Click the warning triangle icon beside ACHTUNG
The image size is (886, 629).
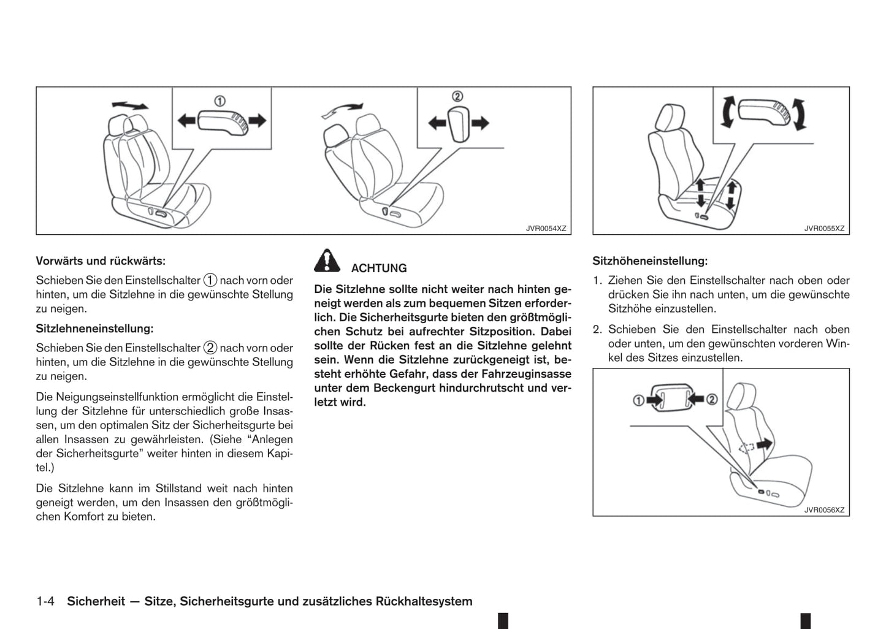327,261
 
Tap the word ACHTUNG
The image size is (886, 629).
378,269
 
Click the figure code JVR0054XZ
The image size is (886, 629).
546,229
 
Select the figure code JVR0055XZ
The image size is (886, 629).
824,229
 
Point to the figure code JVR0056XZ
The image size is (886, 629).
824,510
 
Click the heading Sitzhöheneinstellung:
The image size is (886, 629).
649,261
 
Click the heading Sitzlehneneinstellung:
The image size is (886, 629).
94,329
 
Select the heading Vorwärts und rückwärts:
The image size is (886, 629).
101,261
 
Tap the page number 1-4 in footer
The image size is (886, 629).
46,601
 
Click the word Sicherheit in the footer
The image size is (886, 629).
96,601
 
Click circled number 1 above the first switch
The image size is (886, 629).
219,101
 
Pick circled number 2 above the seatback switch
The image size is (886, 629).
457,96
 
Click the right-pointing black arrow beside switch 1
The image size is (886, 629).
258,120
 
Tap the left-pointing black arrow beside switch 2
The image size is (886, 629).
437,124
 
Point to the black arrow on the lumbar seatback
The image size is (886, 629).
764,443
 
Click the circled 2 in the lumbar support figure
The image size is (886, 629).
711,400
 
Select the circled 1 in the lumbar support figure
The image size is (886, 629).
638,400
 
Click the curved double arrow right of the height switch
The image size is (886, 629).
800,115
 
